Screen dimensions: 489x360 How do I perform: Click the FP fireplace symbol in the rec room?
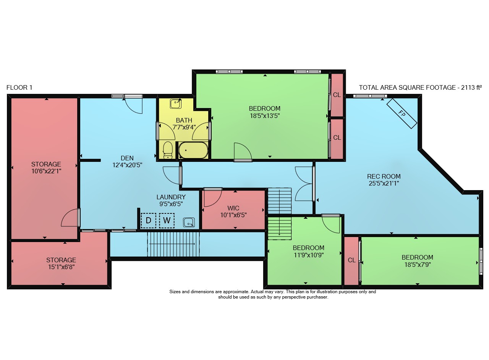pos(402,113)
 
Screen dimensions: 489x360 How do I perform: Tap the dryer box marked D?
pos(149,221)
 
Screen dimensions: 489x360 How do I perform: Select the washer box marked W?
pos(167,221)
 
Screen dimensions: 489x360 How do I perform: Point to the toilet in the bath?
pos(168,150)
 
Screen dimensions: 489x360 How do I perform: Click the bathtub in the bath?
pos(193,150)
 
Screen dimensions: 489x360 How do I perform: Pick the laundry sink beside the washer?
pos(189,223)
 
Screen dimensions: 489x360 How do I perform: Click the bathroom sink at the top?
pos(175,104)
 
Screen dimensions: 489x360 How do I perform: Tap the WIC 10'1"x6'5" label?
pos(233,211)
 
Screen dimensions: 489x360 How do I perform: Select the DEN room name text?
pos(127,158)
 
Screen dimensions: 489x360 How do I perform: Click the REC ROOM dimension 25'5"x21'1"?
pos(384,183)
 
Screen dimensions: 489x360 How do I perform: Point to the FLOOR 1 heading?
pos(19,88)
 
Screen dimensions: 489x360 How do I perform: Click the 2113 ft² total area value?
pos(471,87)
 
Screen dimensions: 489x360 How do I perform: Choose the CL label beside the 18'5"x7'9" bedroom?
pos(352,260)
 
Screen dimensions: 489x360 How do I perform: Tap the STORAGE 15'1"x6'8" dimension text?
pos(62,267)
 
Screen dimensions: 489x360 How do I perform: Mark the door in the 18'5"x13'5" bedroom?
pos(243,152)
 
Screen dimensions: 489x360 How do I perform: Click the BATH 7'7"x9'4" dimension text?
pos(184,127)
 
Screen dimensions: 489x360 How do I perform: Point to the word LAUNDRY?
pos(171,197)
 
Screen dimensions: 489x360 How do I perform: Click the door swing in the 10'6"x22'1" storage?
pos(70,218)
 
